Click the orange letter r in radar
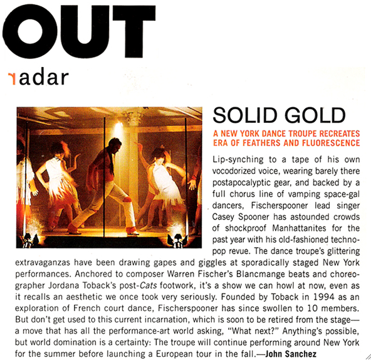(12, 78)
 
